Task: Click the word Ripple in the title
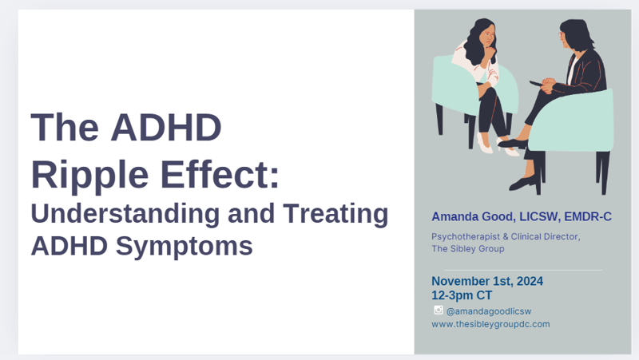(x=89, y=175)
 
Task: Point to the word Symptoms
(x=185, y=247)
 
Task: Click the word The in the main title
(x=65, y=127)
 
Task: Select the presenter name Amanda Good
(x=473, y=216)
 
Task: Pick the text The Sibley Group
(x=468, y=248)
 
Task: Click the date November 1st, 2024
(x=487, y=281)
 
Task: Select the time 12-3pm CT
(x=462, y=295)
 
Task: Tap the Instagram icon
(x=439, y=311)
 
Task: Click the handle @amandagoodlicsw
(x=489, y=311)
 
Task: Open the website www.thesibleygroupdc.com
(x=490, y=324)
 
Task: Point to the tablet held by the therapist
(x=536, y=84)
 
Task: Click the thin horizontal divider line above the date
(x=523, y=270)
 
